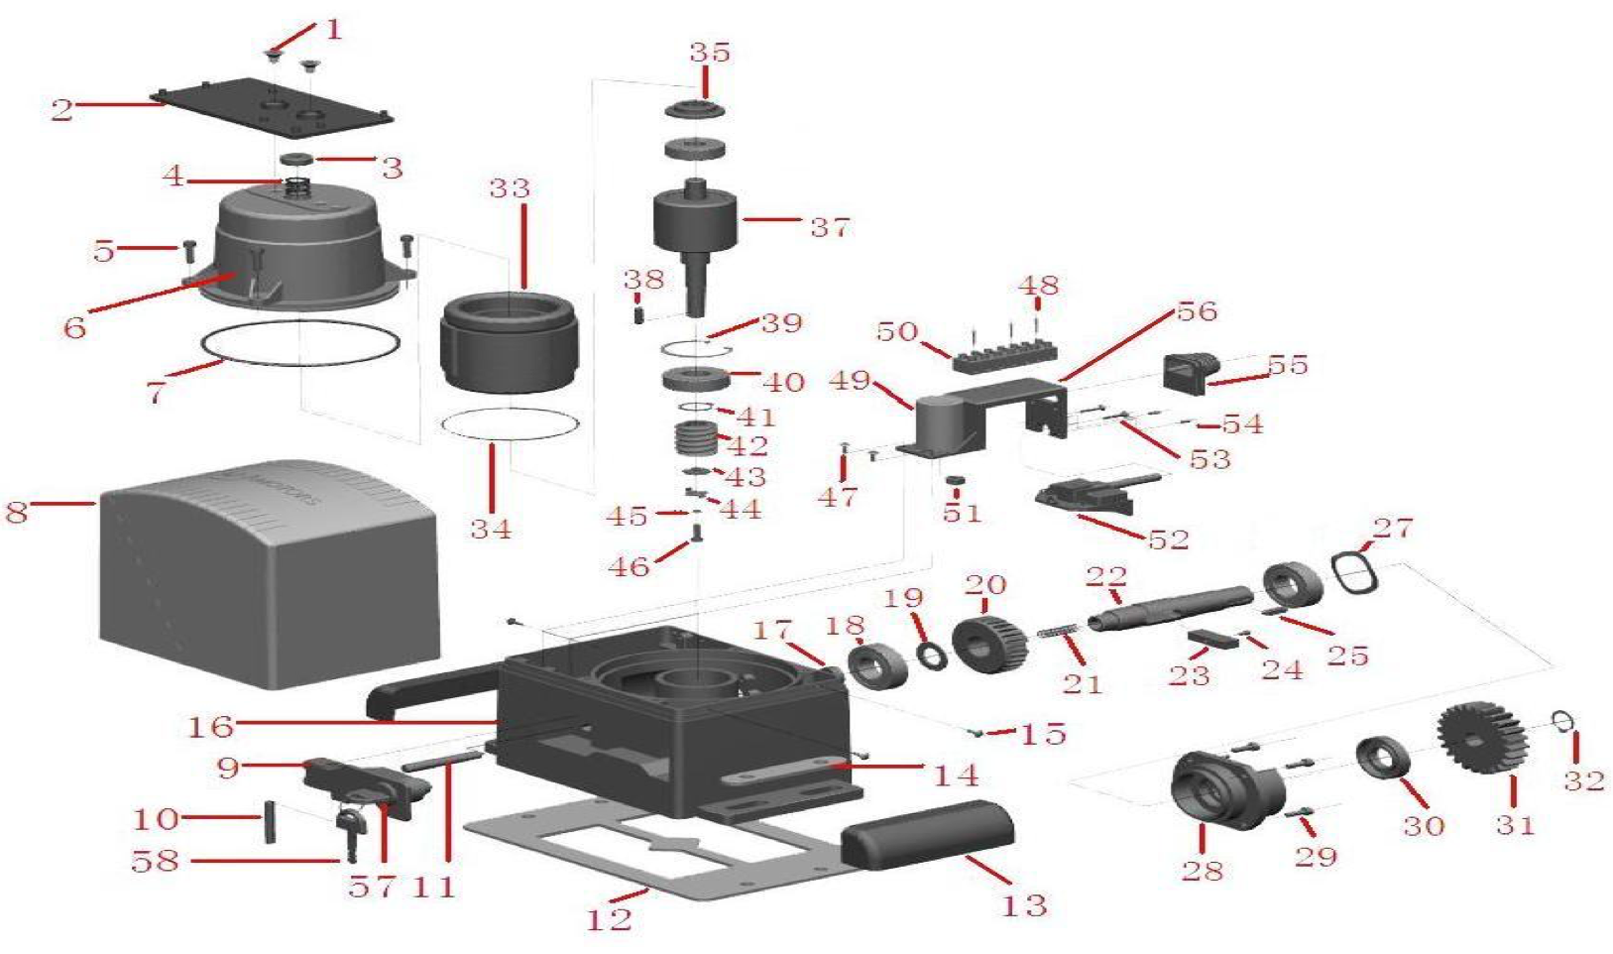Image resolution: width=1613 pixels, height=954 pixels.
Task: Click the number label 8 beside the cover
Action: [17, 512]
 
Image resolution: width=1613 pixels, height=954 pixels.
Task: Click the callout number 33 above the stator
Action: [510, 188]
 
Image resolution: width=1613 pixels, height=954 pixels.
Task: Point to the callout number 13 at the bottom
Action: [1024, 904]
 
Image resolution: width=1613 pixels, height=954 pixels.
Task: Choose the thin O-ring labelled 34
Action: [509, 422]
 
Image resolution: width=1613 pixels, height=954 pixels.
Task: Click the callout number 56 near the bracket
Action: [1196, 311]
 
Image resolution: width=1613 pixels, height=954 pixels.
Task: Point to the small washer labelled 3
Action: [295, 160]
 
